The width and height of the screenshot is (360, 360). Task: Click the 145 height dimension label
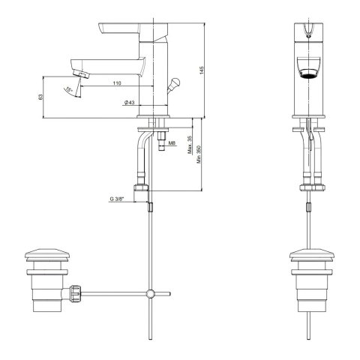[x=202, y=70]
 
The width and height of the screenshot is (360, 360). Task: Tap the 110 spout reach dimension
[x=117, y=83]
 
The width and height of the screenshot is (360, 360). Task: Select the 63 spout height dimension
[x=40, y=97]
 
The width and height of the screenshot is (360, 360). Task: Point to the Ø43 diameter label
[x=129, y=102]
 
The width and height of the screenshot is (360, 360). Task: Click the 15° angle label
[x=69, y=89]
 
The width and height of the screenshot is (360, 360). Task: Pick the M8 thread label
[x=172, y=143]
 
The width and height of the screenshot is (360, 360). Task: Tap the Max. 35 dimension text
[x=190, y=145]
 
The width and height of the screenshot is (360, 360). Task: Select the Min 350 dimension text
[x=199, y=154]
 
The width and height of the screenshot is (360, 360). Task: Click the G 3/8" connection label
[x=117, y=199]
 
